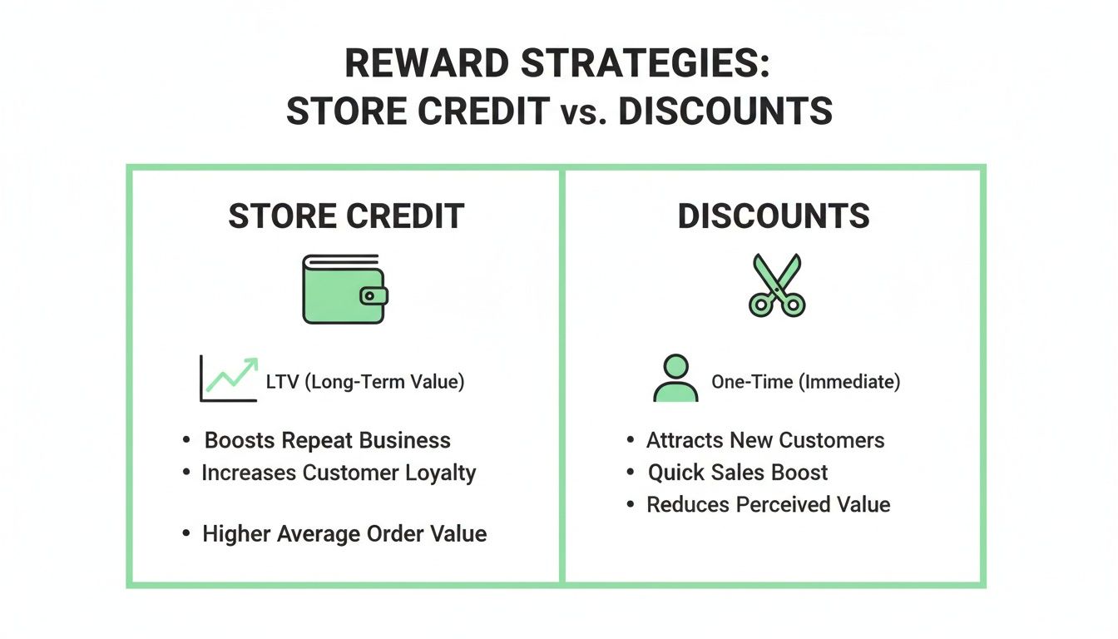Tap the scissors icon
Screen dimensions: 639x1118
[775, 285]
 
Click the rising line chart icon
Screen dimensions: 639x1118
[228, 379]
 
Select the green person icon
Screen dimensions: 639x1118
[675, 379]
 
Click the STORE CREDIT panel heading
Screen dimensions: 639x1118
[346, 216]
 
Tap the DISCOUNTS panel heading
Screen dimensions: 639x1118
[774, 216]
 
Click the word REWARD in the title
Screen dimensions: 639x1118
[433, 65]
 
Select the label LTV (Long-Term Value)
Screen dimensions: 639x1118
[365, 382]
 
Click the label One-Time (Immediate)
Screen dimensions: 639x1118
[805, 382]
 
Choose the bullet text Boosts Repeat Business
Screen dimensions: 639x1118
[328, 440]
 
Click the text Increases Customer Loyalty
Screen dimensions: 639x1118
[339, 473]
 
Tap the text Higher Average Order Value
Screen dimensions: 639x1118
[344, 533]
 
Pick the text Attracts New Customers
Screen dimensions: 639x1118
[765, 440]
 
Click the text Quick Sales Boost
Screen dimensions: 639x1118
[738, 473]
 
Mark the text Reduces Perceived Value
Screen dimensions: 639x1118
[769, 504]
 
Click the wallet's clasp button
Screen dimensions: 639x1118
[373, 296]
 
